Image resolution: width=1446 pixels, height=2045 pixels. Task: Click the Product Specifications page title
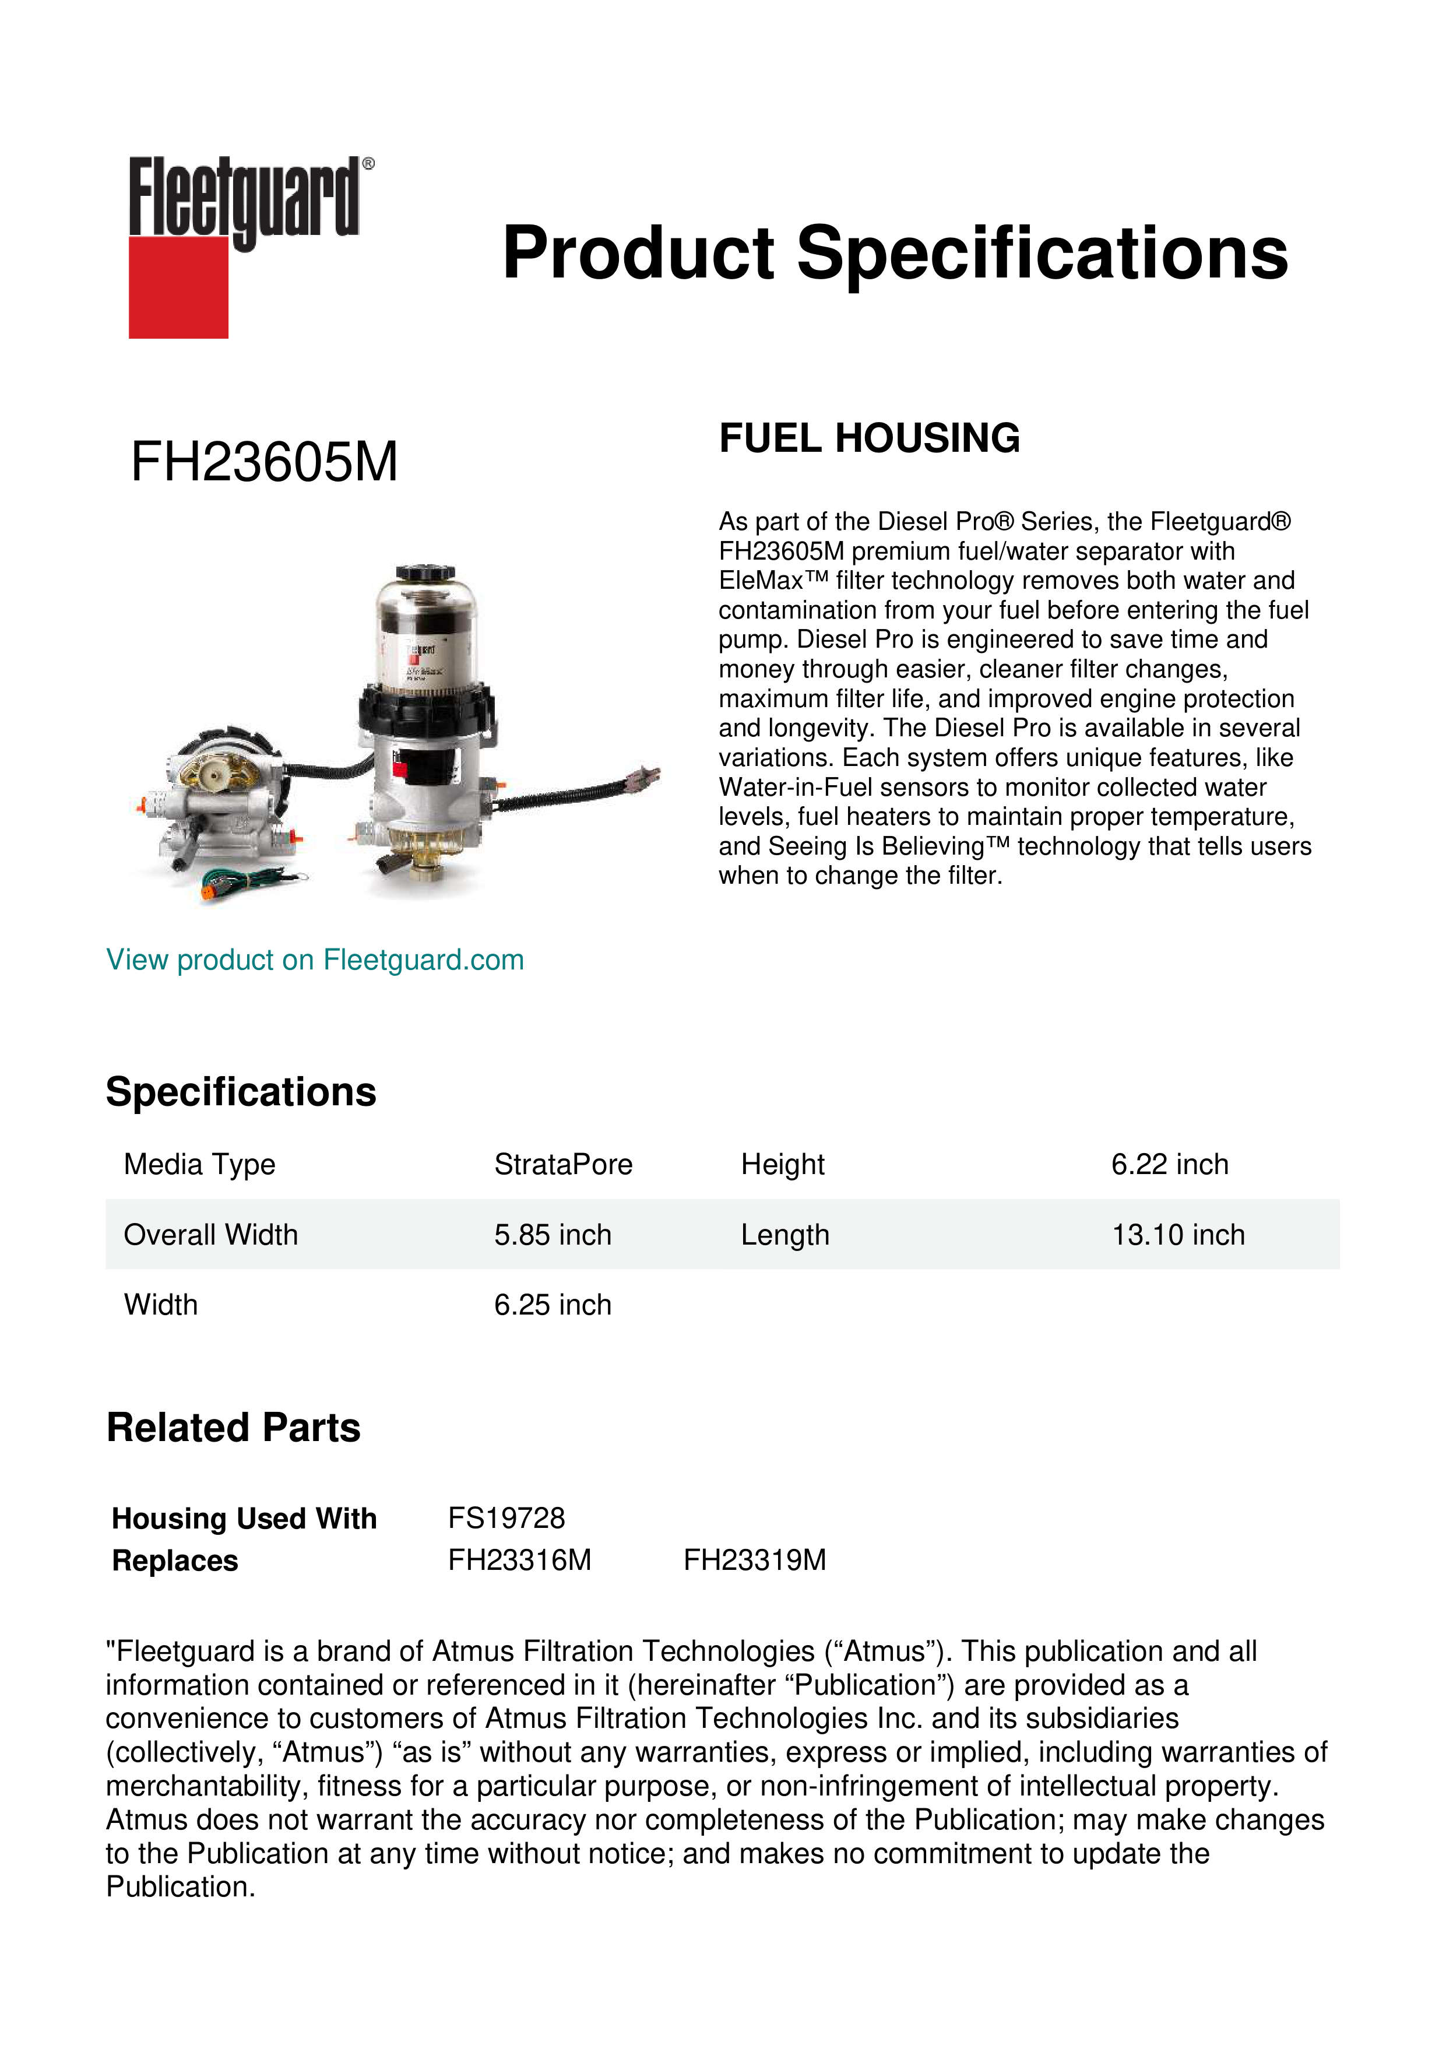tap(894, 253)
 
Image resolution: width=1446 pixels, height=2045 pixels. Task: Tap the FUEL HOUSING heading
tap(869, 438)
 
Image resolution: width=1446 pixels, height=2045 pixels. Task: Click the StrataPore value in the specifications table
tap(563, 1164)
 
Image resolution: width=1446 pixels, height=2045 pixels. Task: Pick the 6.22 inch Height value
tap(1169, 1164)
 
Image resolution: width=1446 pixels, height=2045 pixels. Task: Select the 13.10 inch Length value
tap(1177, 1235)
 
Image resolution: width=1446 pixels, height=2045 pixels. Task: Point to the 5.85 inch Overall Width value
tap(552, 1235)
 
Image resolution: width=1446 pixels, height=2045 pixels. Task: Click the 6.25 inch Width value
tap(552, 1305)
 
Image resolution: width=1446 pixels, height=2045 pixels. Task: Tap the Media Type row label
tap(199, 1164)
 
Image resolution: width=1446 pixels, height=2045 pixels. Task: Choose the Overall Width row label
tap(210, 1235)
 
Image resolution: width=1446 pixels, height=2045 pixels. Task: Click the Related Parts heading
tap(233, 1428)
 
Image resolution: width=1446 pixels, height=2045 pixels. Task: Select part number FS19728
tap(506, 1517)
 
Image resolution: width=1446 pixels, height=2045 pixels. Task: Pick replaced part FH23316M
tap(519, 1561)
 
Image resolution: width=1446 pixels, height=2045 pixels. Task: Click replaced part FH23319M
tap(754, 1561)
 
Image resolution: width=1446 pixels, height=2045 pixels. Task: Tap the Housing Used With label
tap(244, 1519)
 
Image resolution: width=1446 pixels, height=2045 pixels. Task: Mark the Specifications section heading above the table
tap(240, 1092)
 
